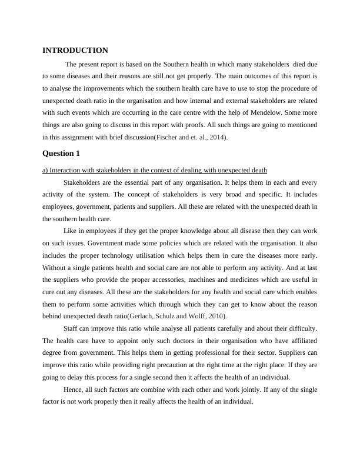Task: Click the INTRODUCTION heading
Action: tap(75, 51)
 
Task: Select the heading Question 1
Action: tap(61, 154)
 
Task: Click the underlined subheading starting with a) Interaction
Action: tap(155, 171)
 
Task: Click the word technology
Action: tap(135, 255)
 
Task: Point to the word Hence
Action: tap(72, 390)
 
